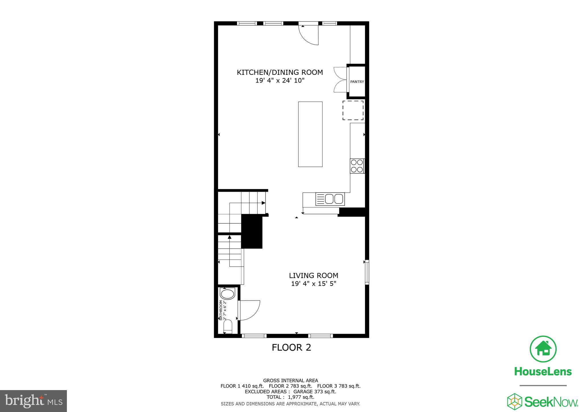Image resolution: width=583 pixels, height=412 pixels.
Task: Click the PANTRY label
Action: pos(357,82)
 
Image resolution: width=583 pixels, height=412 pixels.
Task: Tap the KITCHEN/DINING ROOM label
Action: pos(280,72)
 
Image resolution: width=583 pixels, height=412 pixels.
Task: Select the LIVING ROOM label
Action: pos(313,275)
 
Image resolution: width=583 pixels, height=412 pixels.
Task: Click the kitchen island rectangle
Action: pos(310,134)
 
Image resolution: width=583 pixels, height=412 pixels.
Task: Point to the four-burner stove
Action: pos(357,166)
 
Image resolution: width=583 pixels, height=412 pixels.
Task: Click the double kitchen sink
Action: pos(330,199)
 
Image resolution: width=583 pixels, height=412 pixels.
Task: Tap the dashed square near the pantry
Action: pos(353,110)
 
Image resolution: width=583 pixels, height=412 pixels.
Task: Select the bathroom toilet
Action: pos(228,327)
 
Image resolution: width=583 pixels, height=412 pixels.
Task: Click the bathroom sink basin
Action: pos(228,294)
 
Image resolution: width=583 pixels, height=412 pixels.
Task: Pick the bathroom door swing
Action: pos(249,310)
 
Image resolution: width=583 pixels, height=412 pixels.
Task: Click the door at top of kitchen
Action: pos(309,34)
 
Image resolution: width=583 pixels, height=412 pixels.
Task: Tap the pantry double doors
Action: pos(340,79)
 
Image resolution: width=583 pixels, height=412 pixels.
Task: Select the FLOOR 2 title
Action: pos(291,347)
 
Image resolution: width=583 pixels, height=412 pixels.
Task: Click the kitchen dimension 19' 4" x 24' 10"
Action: pos(280,81)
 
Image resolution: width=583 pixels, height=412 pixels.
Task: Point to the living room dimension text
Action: pos(313,284)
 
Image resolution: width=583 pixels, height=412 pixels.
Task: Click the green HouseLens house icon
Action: pos(543,349)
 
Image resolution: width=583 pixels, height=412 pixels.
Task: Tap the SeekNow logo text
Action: pos(551,402)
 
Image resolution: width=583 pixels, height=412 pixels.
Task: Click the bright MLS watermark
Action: pos(34,401)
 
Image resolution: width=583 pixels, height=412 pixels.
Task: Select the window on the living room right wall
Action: pos(367,272)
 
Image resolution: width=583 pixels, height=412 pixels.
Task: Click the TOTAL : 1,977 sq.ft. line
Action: pos(290,397)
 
